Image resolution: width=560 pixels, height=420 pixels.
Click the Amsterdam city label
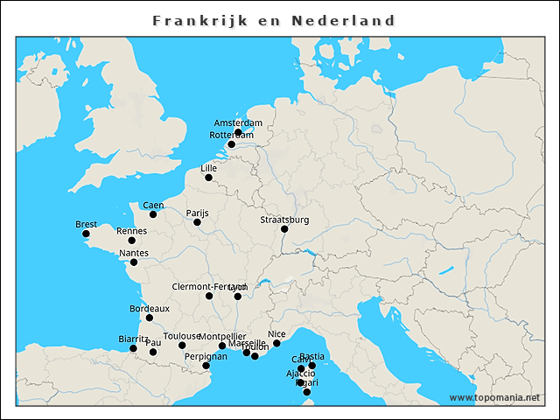point(238,122)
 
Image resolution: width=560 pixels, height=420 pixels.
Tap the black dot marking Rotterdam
point(232,144)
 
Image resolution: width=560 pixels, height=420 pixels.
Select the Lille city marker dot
point(208,178)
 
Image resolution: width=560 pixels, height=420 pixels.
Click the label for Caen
point(153,205)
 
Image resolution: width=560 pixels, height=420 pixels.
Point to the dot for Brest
point(86,234)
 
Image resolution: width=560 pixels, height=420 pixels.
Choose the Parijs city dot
point(197,222)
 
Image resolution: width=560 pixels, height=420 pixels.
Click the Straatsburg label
point(284,220)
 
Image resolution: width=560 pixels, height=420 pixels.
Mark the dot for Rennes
point(132,241)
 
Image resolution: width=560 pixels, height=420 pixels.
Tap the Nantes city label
point(134,253)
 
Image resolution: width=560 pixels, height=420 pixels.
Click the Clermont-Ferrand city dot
point(209,296)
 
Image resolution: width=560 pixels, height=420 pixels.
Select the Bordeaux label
point(149,308)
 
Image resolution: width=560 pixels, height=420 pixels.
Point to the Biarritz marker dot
point(133,348)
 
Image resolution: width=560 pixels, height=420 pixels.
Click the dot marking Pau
point(153,352)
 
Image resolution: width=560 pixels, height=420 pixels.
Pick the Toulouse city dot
point(182,346)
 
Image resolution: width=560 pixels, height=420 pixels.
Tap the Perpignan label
point(206,356)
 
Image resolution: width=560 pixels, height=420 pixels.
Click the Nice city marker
point(276,343)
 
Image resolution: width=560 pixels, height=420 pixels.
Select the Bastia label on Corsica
point(311,356)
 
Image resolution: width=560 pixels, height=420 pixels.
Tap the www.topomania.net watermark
point(494,398)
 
